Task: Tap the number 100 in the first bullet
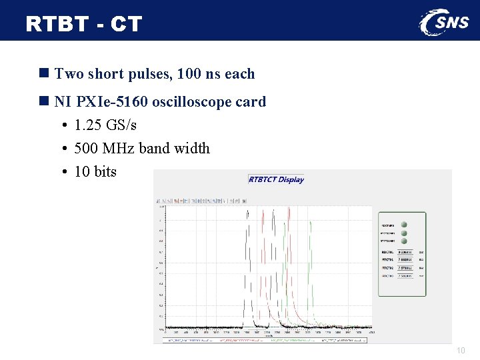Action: (x=191, y=74)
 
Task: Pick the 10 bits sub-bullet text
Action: (x=95, y=171)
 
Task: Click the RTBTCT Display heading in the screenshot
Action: (x=276, y=179)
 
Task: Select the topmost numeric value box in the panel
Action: (x=405, y=252)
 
